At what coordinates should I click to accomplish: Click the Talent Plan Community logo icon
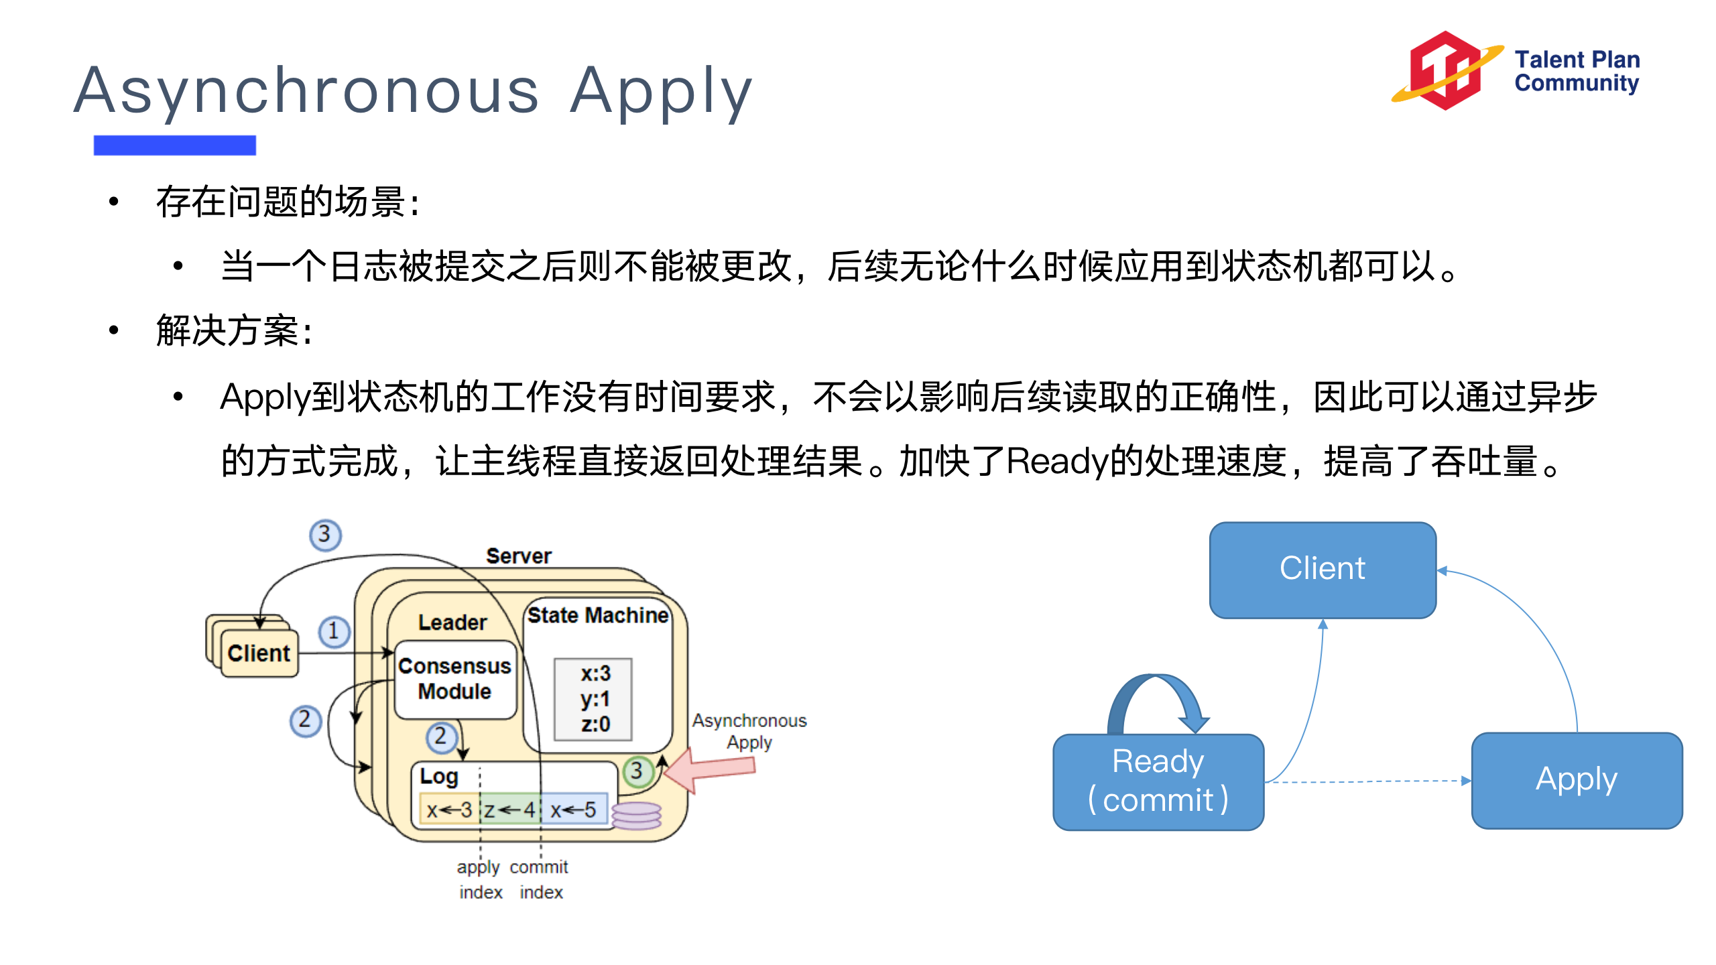[x=1447, y=70]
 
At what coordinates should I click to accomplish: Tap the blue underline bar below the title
[x=174, y=145]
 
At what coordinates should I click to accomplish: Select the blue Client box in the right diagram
[x=1323, y=570]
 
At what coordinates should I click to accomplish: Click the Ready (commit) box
[x=1158, y=781]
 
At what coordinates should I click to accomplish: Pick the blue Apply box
[x=1577, y=780]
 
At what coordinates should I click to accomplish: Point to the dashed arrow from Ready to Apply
[x=1367, y=781]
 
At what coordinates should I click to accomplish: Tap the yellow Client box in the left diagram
[x=259, y=653]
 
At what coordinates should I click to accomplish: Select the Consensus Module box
[x=455, y=679]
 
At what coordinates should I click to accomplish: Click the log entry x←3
[x=449, y=810]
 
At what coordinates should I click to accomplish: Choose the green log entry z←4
[x=510, y=810]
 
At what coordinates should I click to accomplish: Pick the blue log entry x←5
[x=574, y=810]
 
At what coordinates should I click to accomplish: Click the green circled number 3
[x=637, y=771]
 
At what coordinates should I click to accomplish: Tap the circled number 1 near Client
[x=334, y=631]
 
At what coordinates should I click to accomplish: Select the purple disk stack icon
[x=636, y=816]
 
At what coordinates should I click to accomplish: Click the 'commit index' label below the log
[x=540, y=879]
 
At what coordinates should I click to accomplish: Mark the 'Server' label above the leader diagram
[x=519, y=556]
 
